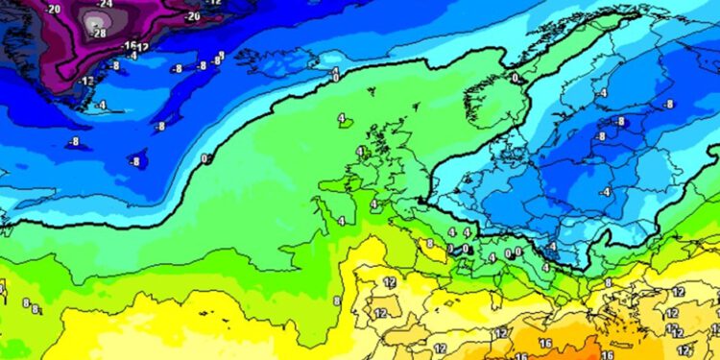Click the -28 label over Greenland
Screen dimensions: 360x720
pyautogui.click(x=98, y=33)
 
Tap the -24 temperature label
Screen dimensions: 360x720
pyautogui.click(x=106, y=4)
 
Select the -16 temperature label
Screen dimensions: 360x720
pyautogui.click(x=128, y=46)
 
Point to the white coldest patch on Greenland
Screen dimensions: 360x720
pyautogui.click(x=94, y=18)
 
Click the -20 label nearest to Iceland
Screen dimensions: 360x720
pyautogui.click(x=192, y=16)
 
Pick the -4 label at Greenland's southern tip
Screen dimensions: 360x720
pyautogui.click(x=100, y=105)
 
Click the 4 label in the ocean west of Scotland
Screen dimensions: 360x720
pyautogui.click(x=342, y=119)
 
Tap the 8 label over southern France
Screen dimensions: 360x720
pyautogui.click(x=430, y=244)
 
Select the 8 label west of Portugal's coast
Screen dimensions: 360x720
pyautogui.click(x=336, y=300)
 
